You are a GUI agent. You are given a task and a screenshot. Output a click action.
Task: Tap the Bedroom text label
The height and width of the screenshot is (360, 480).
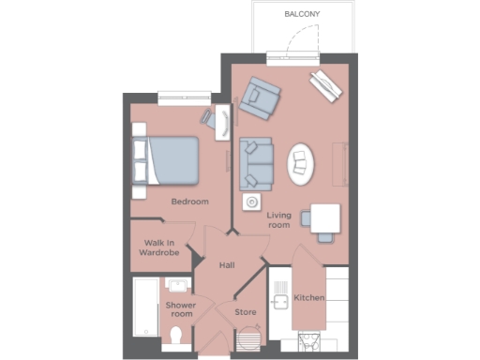click(x=189, y=202)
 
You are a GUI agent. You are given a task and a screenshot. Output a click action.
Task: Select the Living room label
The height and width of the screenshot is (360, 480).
click(x=279, y=220)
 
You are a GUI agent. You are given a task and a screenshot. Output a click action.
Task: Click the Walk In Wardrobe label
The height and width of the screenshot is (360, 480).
click(x=153, y=247)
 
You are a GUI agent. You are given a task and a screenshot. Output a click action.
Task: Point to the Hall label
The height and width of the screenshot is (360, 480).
click(x=227, y=265)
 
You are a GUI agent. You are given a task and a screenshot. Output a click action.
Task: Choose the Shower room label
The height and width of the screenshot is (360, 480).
click(x=179, y=309)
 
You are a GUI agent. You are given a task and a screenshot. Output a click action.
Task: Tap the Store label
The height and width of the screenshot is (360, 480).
click(x=246, y=311)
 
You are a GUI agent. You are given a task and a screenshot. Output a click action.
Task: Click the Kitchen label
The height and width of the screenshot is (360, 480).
click(x=309, y=297)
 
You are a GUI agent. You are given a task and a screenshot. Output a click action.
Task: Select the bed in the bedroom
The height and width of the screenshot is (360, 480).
click(x=169, y=160)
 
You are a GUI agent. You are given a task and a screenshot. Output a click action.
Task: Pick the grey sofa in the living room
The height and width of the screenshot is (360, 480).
click(x=254, y=162)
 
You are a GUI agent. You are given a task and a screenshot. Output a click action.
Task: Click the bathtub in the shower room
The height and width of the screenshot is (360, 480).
click(x=144, y=308)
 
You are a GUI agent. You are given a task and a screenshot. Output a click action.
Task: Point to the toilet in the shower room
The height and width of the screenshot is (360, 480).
click(x=178, y=337)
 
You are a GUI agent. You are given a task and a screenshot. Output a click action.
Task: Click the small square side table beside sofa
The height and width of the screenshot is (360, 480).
click(x=251, y=202)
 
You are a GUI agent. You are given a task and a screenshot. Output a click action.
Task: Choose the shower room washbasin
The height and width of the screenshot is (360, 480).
click(x=177, y=284)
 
